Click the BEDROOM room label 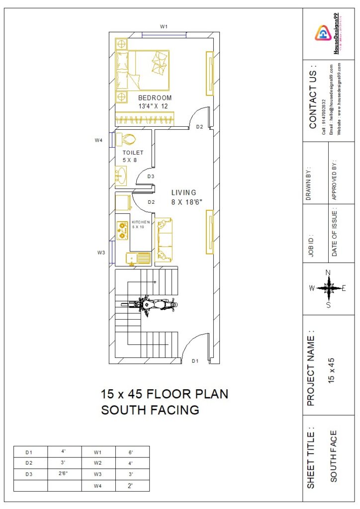click(155, 98)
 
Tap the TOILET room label click(133, 153)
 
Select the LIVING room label click(184, 192)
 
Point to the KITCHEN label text click(141, 222)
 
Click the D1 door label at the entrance click(195, 361)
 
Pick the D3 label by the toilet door click(151, 176)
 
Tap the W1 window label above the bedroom click(164, 26)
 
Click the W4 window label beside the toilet click(98, 141)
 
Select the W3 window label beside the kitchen click(101, 253)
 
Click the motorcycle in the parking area click(153, 305)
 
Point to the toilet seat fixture click(128, 140)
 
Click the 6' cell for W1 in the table click(131, 452)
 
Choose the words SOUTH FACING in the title click(150, 410)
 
